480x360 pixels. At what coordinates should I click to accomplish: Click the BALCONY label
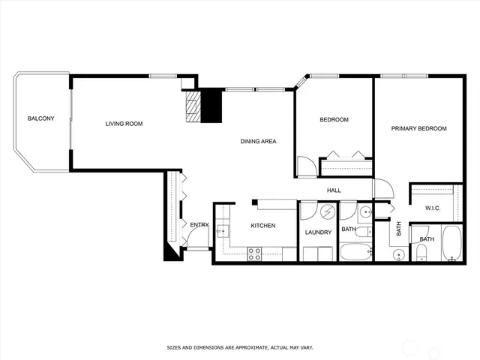tap(40, 118)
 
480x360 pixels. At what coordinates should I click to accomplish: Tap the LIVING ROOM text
tap(124, 124)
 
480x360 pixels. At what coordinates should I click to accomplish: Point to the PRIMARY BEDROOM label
tap(418, 128)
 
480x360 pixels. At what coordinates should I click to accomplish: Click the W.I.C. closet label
tap(432, 208)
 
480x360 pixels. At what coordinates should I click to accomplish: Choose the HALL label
tap(334, 190)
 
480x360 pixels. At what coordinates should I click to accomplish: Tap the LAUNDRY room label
tap(318, 232)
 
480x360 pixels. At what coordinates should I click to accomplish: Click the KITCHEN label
tap(262, 226)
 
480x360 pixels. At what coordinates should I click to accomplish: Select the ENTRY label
tap(199, 225)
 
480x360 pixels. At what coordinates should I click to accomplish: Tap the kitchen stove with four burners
tap(254, 253)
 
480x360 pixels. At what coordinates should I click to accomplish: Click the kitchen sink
tap(222, 231)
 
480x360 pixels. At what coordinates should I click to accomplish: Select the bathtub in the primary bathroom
tap(452, 244)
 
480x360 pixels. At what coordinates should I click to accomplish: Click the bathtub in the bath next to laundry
tap(355, 251)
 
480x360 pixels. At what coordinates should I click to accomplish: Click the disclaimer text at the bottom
tap(239, 347)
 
